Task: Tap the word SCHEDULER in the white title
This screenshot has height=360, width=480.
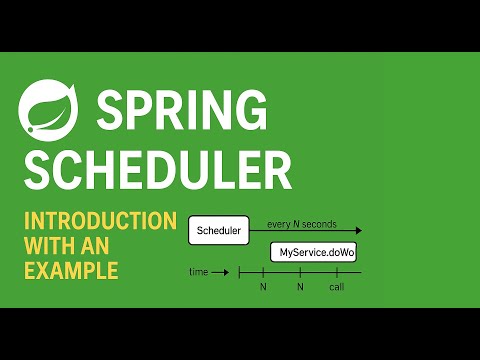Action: coord(158,169)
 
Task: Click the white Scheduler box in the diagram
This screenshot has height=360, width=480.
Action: coord(218,231)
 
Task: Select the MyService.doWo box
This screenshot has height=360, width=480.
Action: coord(315,255)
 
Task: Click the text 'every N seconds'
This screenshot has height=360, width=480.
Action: coord(300,223)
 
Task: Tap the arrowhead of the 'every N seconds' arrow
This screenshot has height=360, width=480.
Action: coord(356,232)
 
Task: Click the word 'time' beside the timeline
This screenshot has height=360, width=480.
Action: coord(199,272)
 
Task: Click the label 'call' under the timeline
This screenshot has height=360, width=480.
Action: coord(337,288)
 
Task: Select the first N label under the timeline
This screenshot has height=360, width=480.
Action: coord(263,288)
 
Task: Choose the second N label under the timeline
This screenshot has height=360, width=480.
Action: coord(300,288)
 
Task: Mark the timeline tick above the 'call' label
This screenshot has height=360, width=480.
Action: coord(337,272)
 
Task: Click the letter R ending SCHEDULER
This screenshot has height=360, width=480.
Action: coord(276,169)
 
